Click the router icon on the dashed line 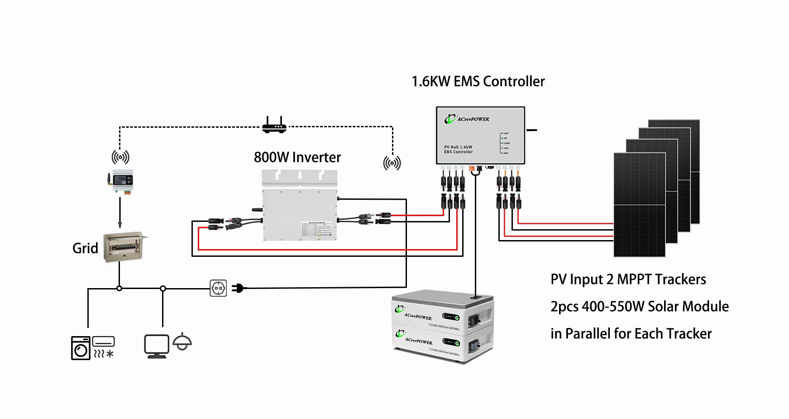274,126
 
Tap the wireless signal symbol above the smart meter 120,157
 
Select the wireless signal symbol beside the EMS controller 392,163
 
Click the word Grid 85,248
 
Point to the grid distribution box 124,247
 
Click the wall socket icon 218,288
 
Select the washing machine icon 81,348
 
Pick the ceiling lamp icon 182,342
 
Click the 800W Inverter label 297,157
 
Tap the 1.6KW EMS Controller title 478,82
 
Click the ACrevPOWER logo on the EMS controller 467,119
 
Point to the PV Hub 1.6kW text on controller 458,147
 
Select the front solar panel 639,205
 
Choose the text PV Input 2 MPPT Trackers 628,279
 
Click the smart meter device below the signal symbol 121,181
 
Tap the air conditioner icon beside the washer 104,347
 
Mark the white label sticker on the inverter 319,229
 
